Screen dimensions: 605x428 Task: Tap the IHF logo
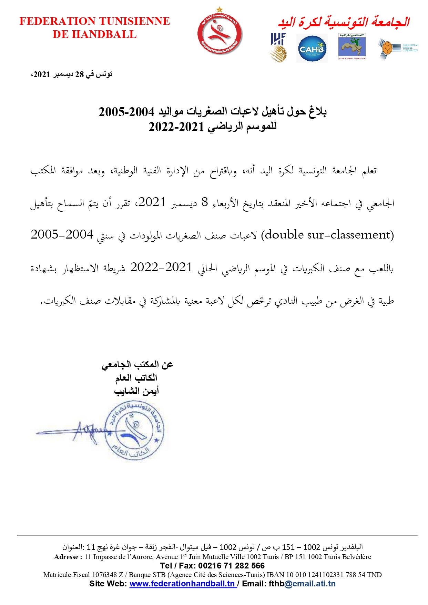pyautogui.click(x=278, y=48)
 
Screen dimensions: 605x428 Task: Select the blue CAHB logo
pyautogui.click(x=312, y=49)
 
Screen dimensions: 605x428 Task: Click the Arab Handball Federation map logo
pyautogui.click(x=352, y=47)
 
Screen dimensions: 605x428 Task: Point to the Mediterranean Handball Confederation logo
pyautogui.click(x=398, y=48)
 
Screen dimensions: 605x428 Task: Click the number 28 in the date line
pyautogui.click(x=80, y=74)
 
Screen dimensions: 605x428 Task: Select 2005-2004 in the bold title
pyautogui.click(x=126, y=112)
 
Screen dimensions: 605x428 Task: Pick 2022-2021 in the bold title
pyautogui.click(x=176, y=127)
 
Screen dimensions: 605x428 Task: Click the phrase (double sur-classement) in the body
pyautogui.click(x=327, y=235)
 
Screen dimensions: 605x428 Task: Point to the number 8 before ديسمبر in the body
pyautogui.click(x=205, y=202)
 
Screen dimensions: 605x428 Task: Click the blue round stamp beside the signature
pyautogui.click(x=134, y=431)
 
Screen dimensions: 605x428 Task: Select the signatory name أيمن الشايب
pyautogui.click(x=136, y=391)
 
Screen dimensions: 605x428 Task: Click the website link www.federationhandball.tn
pyautogui.click(x=182, y=584)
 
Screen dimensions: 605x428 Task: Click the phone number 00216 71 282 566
pyautogui.click(x=231, y=566)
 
